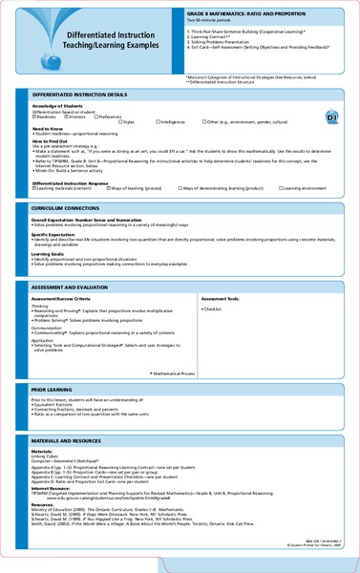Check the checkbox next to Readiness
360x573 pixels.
[35, 117]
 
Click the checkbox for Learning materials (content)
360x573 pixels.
[35, 189]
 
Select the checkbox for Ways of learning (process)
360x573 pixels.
[108, 189]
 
